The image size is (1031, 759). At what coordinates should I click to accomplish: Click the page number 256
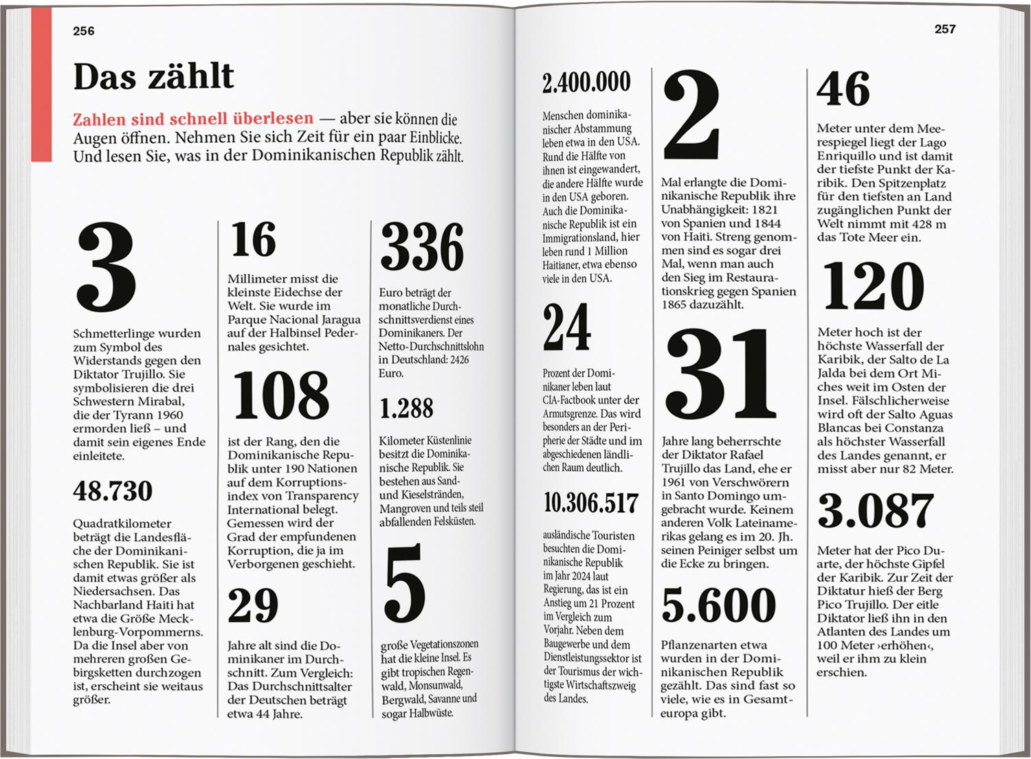pos(84,31)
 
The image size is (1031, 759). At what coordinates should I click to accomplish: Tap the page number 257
pos(944,29)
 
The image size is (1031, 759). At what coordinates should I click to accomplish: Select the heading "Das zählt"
pos(153,76)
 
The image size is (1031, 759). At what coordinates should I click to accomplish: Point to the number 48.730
pos(113,491)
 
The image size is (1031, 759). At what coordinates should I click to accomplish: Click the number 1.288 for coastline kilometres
pos(406,409)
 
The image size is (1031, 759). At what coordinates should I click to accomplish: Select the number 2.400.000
pos(586,82)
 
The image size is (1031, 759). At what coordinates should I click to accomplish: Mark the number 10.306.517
pos(591,503)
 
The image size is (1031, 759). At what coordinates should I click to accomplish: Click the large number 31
pos(721,376)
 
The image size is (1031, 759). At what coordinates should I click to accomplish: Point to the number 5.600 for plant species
pos(719,605)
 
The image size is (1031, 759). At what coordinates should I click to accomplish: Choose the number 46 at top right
pos(843,89)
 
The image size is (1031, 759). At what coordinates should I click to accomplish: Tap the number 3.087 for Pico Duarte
pos(876,511)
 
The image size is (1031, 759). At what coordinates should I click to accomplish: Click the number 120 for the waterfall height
pos(874,286)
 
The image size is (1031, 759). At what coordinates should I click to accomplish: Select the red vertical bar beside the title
pos(41,84)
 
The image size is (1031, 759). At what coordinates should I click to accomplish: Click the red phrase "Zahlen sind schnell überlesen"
pos(193,119)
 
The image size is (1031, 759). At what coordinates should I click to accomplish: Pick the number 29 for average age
pos(253,606)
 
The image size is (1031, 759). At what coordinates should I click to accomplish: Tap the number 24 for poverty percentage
pos(566,328)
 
